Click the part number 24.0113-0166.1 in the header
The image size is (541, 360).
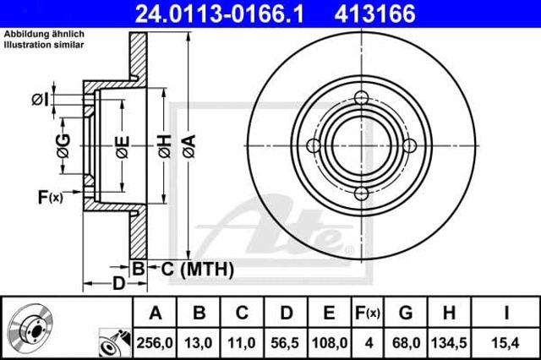220,14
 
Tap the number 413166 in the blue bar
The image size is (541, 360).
375,14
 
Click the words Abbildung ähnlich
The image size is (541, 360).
44,34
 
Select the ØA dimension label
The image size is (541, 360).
189,146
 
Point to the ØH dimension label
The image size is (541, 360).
165,146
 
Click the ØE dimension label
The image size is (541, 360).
123,147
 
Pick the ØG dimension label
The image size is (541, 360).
64,146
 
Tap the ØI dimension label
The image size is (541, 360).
41,100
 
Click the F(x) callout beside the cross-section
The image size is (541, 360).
51,198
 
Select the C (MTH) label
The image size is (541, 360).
197,269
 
